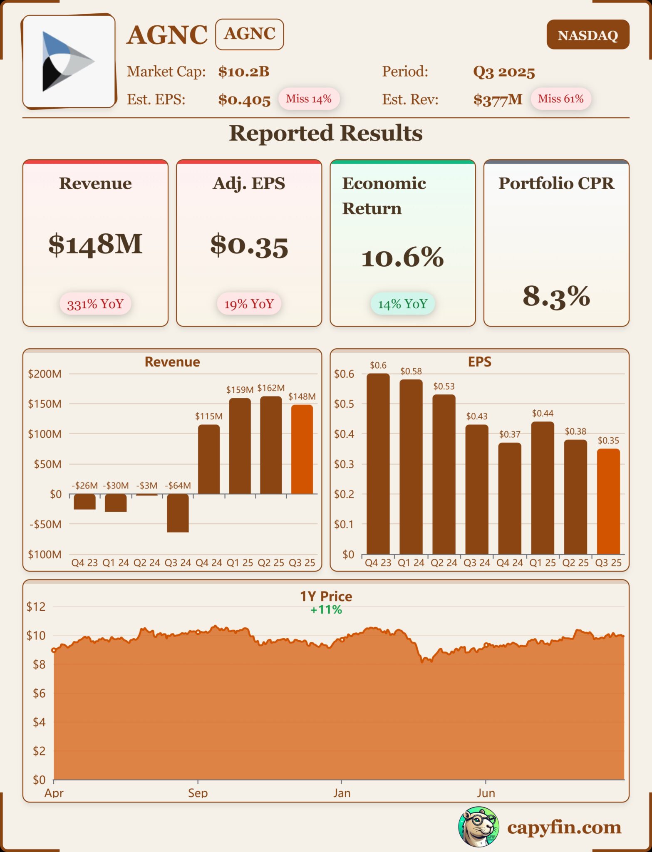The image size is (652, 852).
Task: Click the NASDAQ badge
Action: (x=588, y=35)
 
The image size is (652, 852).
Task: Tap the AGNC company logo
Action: (x=69, y=62)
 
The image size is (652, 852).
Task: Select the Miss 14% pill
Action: (x=309, y=99)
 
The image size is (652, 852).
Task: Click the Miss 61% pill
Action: (x=560, y=99)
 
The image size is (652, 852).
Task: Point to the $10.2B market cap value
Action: (x=244, y=72)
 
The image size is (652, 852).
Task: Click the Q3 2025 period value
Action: (x=504, y=72)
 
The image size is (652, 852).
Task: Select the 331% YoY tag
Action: (x=95, y=304)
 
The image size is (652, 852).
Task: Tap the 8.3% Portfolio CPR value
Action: (x=556, y=297)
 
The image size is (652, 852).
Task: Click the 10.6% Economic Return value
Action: (x=402, y=258)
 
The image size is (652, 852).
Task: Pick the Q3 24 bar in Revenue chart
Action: (x=178, y=513)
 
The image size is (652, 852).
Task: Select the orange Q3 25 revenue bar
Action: (x=302, y=449)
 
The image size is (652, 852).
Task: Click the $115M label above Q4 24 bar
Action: (x=209, y=416)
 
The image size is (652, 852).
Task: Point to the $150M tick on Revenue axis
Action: (x=45, y=404)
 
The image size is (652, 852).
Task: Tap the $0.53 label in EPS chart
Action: (x=444, y=386)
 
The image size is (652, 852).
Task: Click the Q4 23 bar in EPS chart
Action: (x=378, y=464)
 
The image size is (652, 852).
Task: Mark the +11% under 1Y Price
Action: (x=326, y=610)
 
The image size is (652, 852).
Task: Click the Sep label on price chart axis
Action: (x=198, y=793)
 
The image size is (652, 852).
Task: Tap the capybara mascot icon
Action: (x=478, y=827)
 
